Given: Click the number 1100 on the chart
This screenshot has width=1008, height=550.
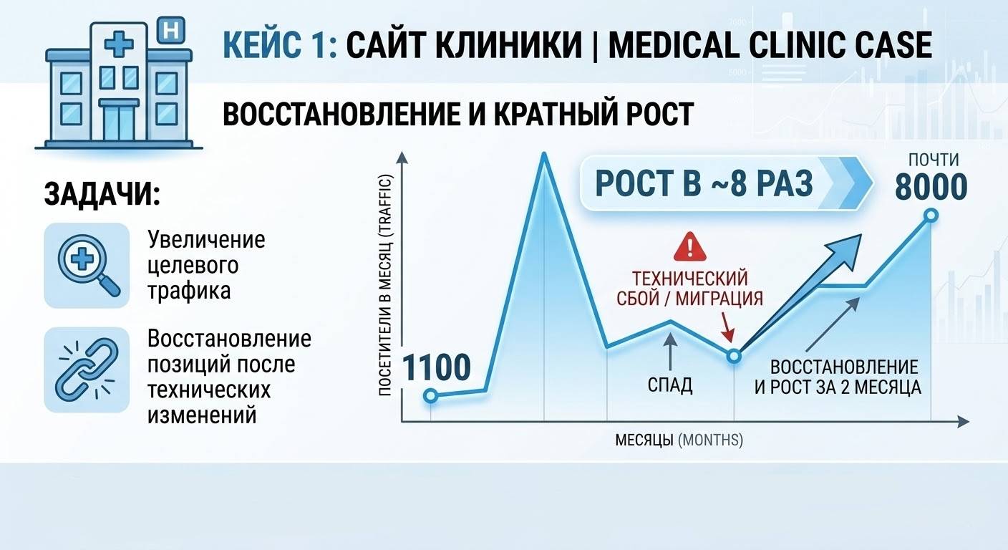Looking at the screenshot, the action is (436, 368).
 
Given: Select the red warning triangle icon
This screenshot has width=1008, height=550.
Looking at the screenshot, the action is (690, 246).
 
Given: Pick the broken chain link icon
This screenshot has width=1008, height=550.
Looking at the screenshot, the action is (87, 370).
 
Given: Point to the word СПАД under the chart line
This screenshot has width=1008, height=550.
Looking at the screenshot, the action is (670, 385).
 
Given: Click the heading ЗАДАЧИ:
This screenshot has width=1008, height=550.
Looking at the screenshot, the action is (102, 195).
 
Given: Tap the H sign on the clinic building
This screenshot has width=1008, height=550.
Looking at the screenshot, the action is (170, 31).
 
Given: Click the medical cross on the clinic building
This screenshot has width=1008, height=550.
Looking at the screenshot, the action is (119, 44).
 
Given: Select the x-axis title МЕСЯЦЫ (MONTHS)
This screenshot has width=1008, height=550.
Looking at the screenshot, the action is (679, 440).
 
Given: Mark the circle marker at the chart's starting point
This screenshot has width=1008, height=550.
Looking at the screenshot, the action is (431, 396).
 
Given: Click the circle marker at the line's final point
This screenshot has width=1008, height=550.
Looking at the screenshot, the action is (931, 216).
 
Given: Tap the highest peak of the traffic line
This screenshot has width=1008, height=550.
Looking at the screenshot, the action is (544, 155).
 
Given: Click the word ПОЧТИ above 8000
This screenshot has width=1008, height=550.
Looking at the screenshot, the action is (934, 160).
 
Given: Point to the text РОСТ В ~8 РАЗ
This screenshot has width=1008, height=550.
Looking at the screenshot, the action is (704, 183).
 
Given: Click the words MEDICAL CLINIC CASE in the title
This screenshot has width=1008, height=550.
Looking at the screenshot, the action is (770, 45).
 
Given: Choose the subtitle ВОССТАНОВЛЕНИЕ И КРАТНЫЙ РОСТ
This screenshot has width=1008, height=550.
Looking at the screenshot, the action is (458, 114).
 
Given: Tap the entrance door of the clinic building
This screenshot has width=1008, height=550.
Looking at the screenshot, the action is (119, 122).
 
